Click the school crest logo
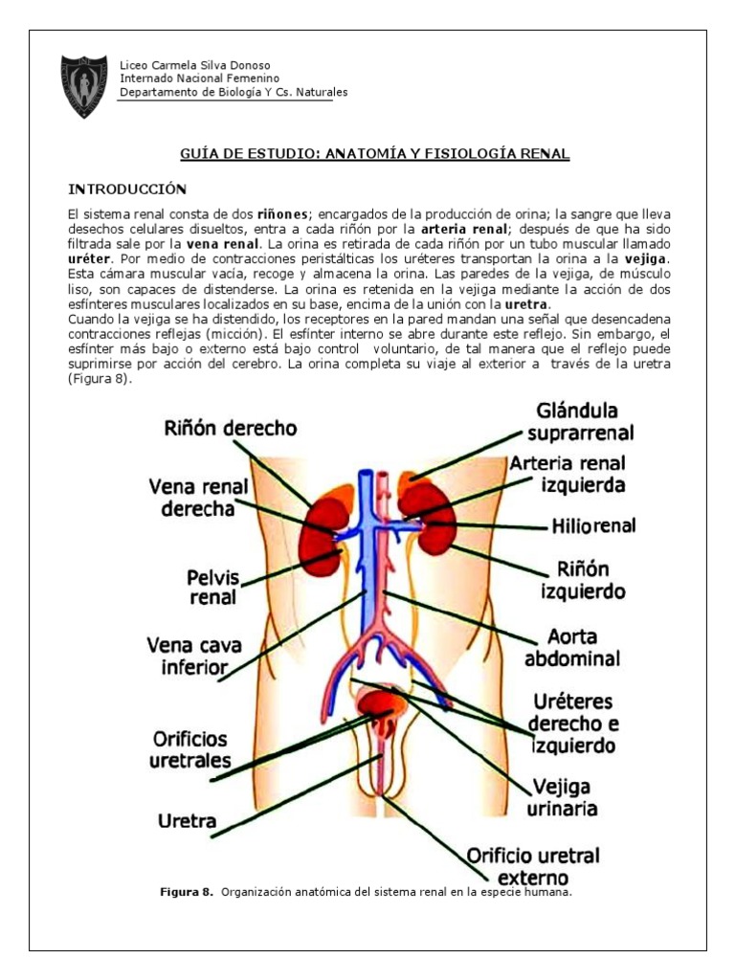pyautogui.click(x=84, y=86)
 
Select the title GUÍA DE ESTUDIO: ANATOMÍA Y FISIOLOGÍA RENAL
pyautogui.click(x=375, y=153)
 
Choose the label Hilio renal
pyautogui.click(x=593, y=525)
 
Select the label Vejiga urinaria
pyautogui.click(x=563, y=796)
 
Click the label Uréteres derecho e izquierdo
pyautogui.click(x=574, y=723)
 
